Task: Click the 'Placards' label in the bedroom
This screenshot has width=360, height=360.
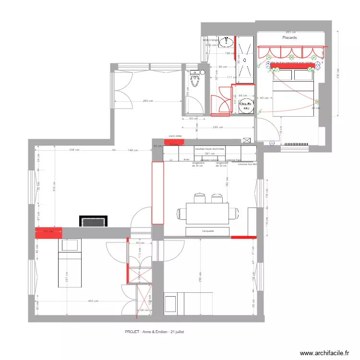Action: [x=289, y=37]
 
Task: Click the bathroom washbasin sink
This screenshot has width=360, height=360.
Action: [x=226, y=43]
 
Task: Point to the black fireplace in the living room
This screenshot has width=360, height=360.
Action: [x=93, y=222]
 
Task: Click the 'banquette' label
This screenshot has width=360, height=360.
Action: [x=208, y=231]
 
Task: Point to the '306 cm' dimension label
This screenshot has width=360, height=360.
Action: [x=74, y=150]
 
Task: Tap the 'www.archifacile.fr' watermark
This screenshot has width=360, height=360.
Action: [x=324, y=353]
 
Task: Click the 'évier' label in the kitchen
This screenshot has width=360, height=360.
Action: [x=186, y=159]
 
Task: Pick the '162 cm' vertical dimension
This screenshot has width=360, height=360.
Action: [x=226, y=182]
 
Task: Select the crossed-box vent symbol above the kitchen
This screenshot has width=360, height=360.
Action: [x=247, y=140]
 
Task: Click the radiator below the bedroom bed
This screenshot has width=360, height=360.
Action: [x=296, y=144]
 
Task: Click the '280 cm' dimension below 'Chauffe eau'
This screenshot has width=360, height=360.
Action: [x=218, y=127]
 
